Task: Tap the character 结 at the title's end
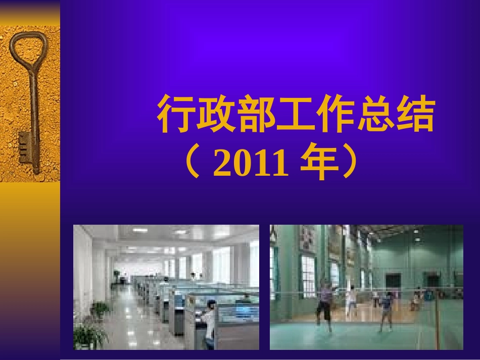click(x=413, y=115)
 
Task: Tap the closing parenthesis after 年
click(x=347, y=165)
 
